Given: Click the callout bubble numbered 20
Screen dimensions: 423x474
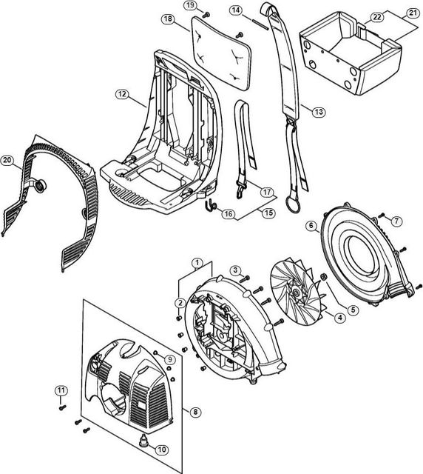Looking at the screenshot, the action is pos(7,160).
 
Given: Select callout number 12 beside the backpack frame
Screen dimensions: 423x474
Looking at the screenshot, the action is pos(122,94).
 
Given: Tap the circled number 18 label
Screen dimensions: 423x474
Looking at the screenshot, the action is pos(168,19).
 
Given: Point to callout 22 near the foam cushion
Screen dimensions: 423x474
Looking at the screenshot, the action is pos(377,17).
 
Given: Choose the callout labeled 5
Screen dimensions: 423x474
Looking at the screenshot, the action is pos(353,310).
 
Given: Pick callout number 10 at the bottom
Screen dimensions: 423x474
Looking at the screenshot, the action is pos(162,450).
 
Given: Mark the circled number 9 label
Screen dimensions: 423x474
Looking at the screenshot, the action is pos(170,359).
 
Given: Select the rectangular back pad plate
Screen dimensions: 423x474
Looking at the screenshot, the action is pos(221,52).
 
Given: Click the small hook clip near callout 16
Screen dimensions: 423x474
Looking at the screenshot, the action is pos(211,205).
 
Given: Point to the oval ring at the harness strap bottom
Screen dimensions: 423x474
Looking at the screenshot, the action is pos(293,204).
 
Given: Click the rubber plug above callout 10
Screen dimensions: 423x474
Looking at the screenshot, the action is pos(143,438).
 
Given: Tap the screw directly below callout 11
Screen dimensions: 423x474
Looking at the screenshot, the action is pos(63,407).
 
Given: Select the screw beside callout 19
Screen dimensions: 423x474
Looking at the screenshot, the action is pos(206,14).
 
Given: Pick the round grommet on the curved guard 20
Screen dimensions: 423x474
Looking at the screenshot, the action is pos(40,185).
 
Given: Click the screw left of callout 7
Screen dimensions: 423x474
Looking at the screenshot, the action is pos(381,216).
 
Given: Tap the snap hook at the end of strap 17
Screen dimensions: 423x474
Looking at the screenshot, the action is pos(241,188).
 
